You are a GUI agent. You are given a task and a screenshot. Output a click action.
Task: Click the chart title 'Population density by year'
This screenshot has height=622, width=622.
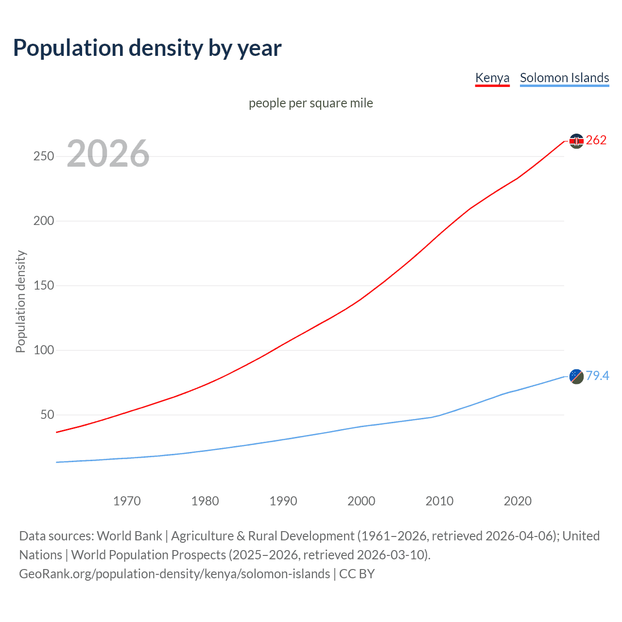coord(147,48)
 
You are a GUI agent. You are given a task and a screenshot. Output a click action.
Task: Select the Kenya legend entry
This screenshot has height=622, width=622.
coord(492,78)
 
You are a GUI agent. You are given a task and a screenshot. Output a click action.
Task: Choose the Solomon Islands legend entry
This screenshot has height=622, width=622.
coord(564,78)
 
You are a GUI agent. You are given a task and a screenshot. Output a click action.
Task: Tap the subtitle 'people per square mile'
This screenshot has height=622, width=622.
coord(311,103)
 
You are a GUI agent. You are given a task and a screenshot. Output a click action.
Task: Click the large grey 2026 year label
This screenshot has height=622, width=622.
coord(108,154)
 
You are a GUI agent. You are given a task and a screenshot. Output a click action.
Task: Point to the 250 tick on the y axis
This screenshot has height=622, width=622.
coord(44,156)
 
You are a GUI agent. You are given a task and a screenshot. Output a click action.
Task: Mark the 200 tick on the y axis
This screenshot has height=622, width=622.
coord(44,221)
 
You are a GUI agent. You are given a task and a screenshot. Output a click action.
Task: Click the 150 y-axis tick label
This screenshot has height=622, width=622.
coord(44,286)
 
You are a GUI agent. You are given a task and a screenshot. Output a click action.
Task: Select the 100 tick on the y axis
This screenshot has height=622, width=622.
coord(44,350)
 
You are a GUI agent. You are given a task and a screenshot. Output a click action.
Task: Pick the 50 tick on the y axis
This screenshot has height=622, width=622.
coord(47,415)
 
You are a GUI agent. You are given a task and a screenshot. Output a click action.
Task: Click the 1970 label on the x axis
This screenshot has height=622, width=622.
coord(127,501)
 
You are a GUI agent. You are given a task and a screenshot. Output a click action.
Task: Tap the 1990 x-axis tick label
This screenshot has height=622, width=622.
coord(283,501)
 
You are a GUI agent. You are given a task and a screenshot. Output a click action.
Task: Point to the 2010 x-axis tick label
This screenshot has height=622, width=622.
coord(439,501)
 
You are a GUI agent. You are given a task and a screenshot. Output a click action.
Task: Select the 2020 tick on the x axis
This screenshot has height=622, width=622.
coord(518,501)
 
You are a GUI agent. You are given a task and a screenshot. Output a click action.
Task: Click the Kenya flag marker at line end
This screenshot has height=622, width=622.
coord(576,141)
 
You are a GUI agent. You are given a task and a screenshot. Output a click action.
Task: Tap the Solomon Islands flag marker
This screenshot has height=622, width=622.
coord(576,376)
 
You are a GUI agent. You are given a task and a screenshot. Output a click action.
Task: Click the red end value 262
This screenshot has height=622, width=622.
coord(596,140)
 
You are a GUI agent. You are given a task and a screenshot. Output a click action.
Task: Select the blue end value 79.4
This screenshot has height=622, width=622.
coord(597,376)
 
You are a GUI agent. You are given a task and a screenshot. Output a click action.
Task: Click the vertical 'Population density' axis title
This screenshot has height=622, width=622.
coord(20,301)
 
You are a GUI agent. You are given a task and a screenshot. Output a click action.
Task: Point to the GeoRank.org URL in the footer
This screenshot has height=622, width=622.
coord(174,574)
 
